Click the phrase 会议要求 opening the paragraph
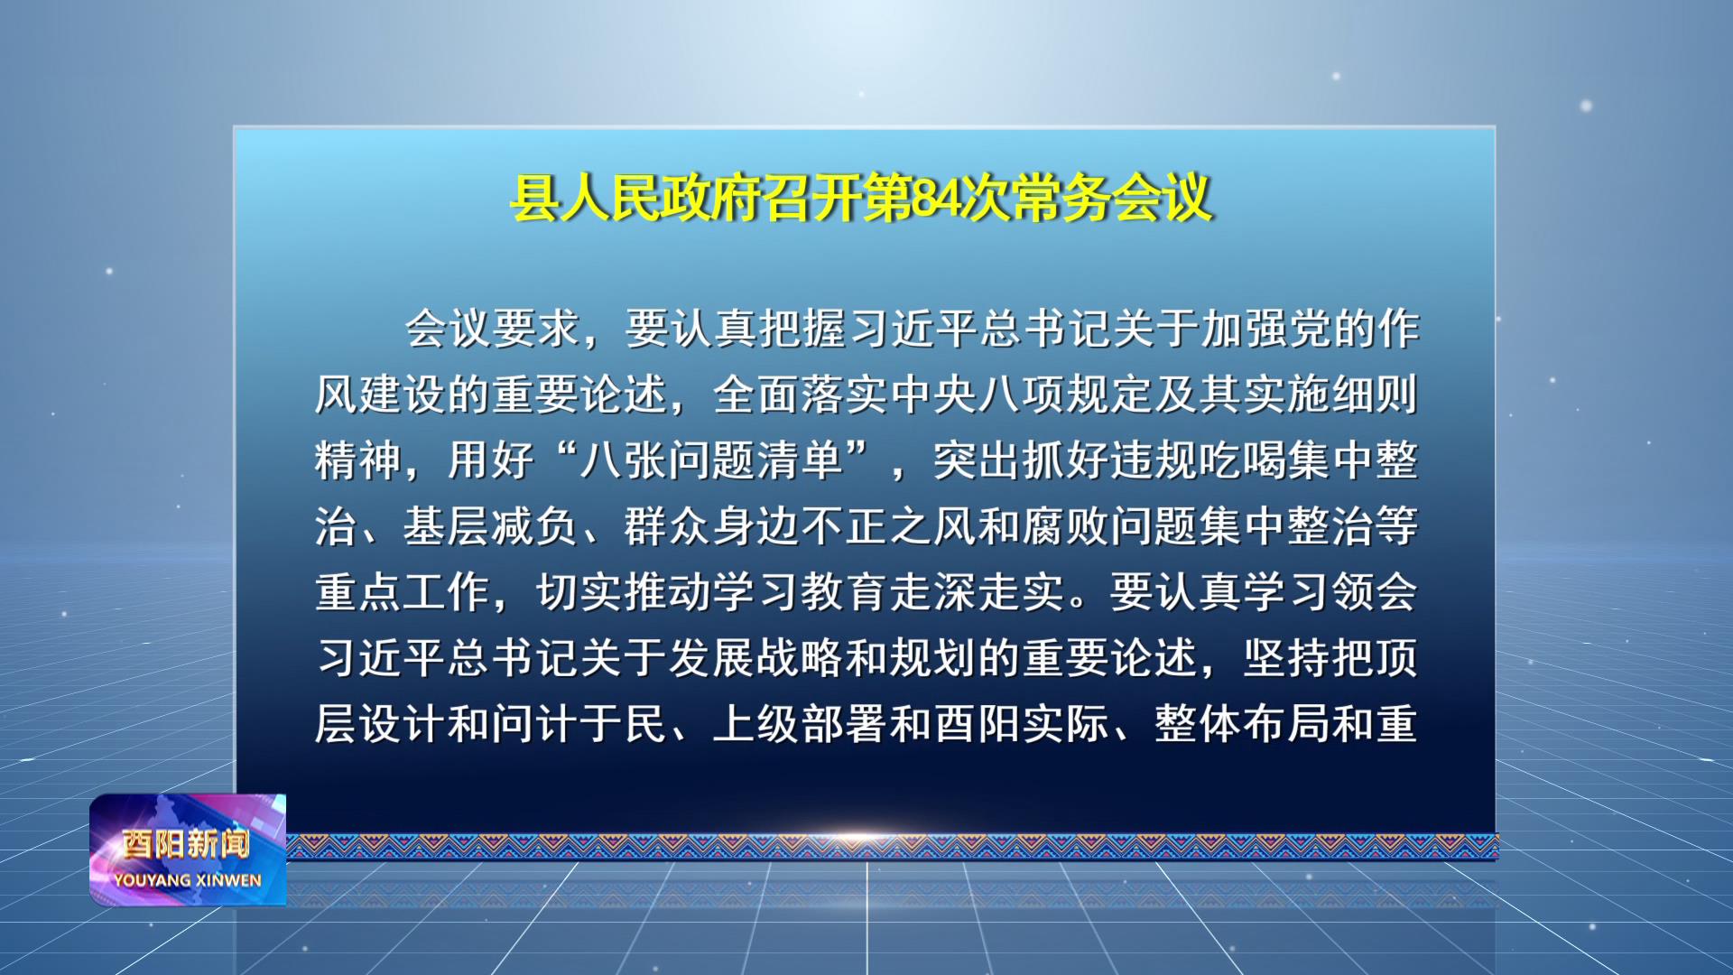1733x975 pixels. tap(492, 329)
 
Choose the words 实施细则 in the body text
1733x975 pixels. tap(1330, 395)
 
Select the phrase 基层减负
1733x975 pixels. tap(490, 526)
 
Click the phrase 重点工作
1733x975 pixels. tap(403, 592)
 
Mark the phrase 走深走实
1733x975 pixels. tap(978, 592)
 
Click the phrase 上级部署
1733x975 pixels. tap(800, 724)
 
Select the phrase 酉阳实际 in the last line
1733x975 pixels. tap(1022, 724)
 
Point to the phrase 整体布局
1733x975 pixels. tap(1243, 724)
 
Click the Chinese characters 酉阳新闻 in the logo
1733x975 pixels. tap(186, 844)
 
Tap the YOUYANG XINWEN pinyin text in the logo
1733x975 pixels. tap(188, 880)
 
